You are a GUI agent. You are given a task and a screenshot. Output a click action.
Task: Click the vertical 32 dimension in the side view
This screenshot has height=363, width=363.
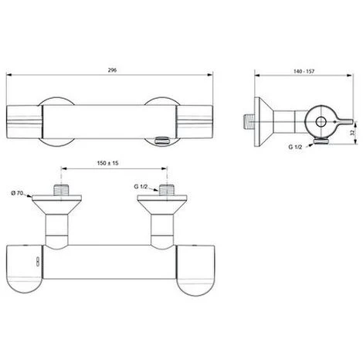click(x=351, y=133)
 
